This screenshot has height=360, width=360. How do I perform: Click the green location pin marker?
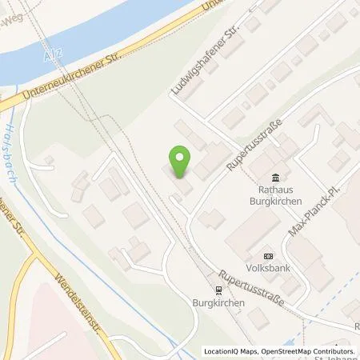pos(180,162)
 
